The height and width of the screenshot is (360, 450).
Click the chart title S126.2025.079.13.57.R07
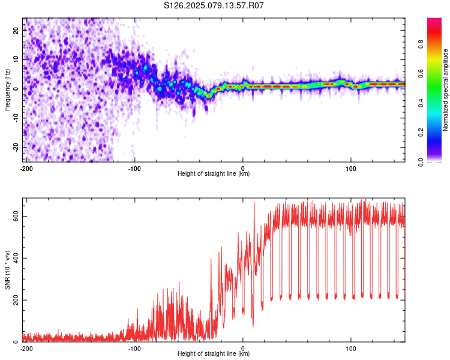coord(214,5)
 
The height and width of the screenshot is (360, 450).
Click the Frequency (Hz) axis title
coord(7,90)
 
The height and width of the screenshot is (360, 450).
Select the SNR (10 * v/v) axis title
coord(7,270)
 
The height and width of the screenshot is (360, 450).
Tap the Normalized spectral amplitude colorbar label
coord(445,90)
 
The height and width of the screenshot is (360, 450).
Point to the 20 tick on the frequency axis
coord(16,30)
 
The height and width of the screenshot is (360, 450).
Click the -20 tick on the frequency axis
coord(16,148)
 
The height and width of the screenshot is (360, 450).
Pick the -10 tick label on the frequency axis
coord(16,118)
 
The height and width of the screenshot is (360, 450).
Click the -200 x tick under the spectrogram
coord(26,169)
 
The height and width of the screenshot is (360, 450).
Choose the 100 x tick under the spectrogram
coord(351,169)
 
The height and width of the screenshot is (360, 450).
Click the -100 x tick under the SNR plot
coord(134,349)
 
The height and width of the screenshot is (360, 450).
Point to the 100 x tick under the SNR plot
coord(351,349)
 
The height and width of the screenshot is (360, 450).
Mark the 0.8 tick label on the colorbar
coord(421,44)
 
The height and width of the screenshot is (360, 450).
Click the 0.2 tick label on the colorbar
coord(421,133)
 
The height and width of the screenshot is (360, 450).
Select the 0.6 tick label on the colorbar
coord(421,73)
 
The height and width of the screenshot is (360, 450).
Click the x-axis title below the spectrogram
coord(214,173)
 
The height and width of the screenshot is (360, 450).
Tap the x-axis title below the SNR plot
coord(214,353)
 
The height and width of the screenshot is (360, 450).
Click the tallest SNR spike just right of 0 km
coord(254,202)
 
